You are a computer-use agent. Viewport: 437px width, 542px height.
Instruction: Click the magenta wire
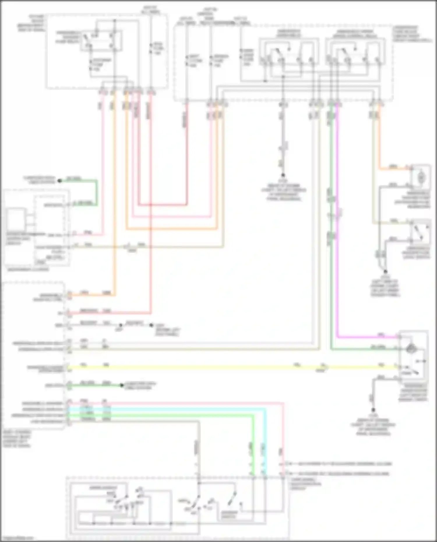pyautogui.click(x=337, y=233)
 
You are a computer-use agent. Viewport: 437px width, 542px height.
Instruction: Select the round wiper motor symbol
pyautogui.click(x=411, y=347)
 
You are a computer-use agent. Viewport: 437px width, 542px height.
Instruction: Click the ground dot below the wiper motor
pyautogui.click(x=373, y=409)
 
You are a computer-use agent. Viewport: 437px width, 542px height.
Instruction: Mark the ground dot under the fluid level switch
pyautogui.click(x=385, y=271)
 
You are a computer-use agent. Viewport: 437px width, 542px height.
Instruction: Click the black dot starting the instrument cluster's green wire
pyautogui.click(x=59, y=181)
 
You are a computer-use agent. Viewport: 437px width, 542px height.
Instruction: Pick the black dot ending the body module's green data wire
pyautogui.click(x=122, y=386)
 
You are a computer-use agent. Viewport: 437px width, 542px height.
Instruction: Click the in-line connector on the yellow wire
pyautogui.click(x=323, y=368)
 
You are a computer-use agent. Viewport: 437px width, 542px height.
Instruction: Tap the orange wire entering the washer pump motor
pyautogui.click(x=393, y=169)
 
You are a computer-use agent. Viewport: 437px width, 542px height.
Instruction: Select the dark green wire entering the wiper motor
pyautogui.click(x=364, y=349)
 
